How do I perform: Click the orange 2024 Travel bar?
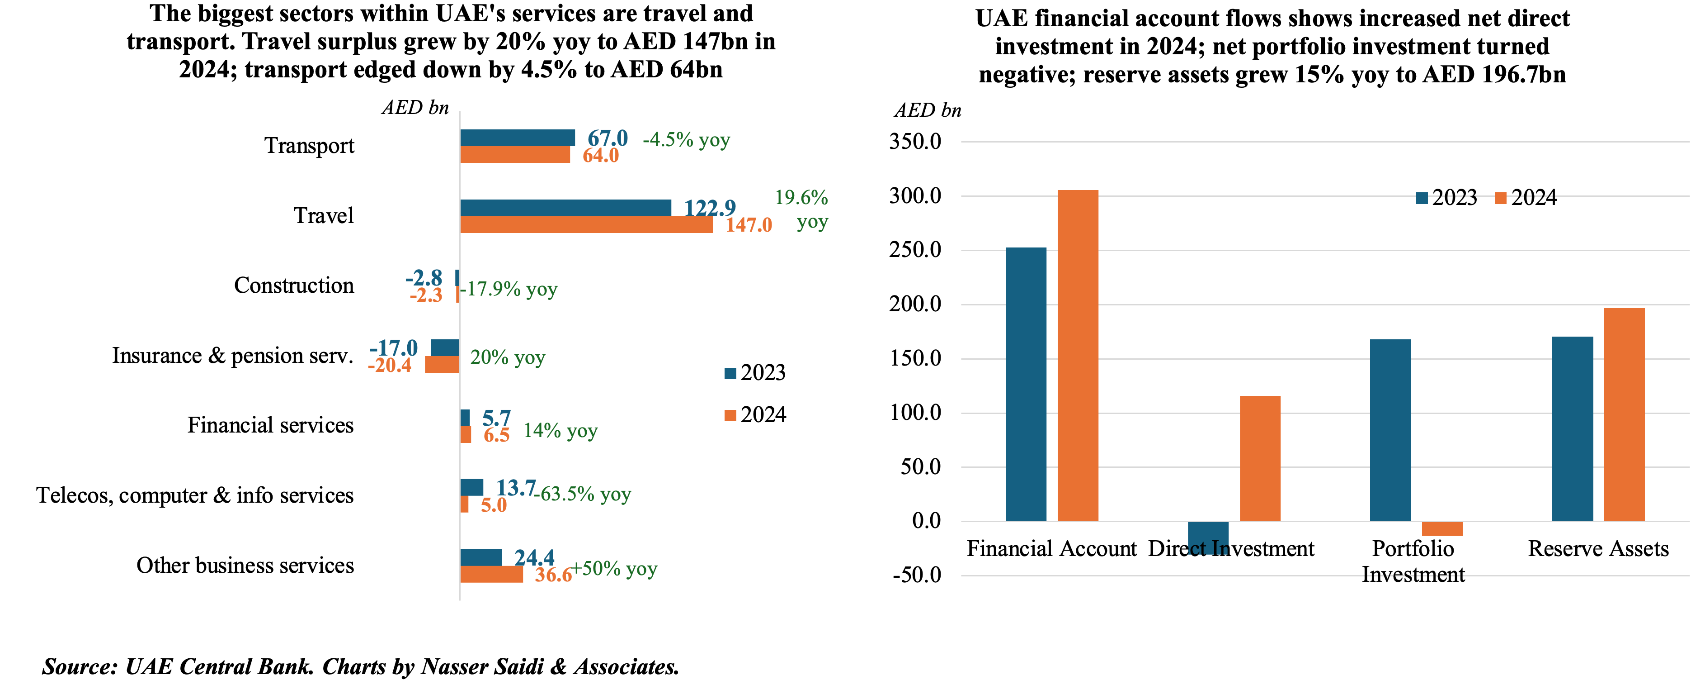tap(586, 224)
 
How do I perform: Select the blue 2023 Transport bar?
tap(517, 138)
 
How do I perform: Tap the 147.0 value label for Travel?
tap(749, 225)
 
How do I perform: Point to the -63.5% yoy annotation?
tap(585, 494)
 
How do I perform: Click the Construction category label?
tap(294, 285)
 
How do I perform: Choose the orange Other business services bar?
tap(491, 574)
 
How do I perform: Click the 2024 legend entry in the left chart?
tap(755, 415)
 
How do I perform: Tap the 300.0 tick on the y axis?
tap(915, 196)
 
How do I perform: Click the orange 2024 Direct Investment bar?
tap(1260, 458)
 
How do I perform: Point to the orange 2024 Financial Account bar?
tap(1078, 355)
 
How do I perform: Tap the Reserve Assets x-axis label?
tap(1598, 549)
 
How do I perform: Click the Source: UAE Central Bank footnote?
tap(361, 666)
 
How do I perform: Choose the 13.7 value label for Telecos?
tap(516, 488)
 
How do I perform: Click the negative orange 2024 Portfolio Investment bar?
tap(1441, 528)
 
